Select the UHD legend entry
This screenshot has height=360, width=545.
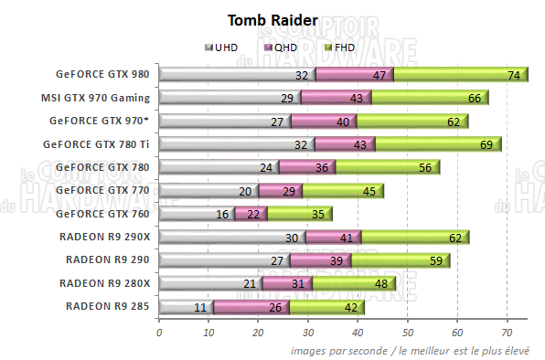[225, 47]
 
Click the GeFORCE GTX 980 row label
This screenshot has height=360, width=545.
[104, 75]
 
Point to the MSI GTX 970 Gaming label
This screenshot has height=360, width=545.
[97, 98]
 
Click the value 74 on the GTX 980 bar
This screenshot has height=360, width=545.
[514, 75]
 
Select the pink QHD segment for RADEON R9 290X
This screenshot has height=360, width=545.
[334, 238]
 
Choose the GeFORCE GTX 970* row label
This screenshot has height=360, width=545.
[104, 121]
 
